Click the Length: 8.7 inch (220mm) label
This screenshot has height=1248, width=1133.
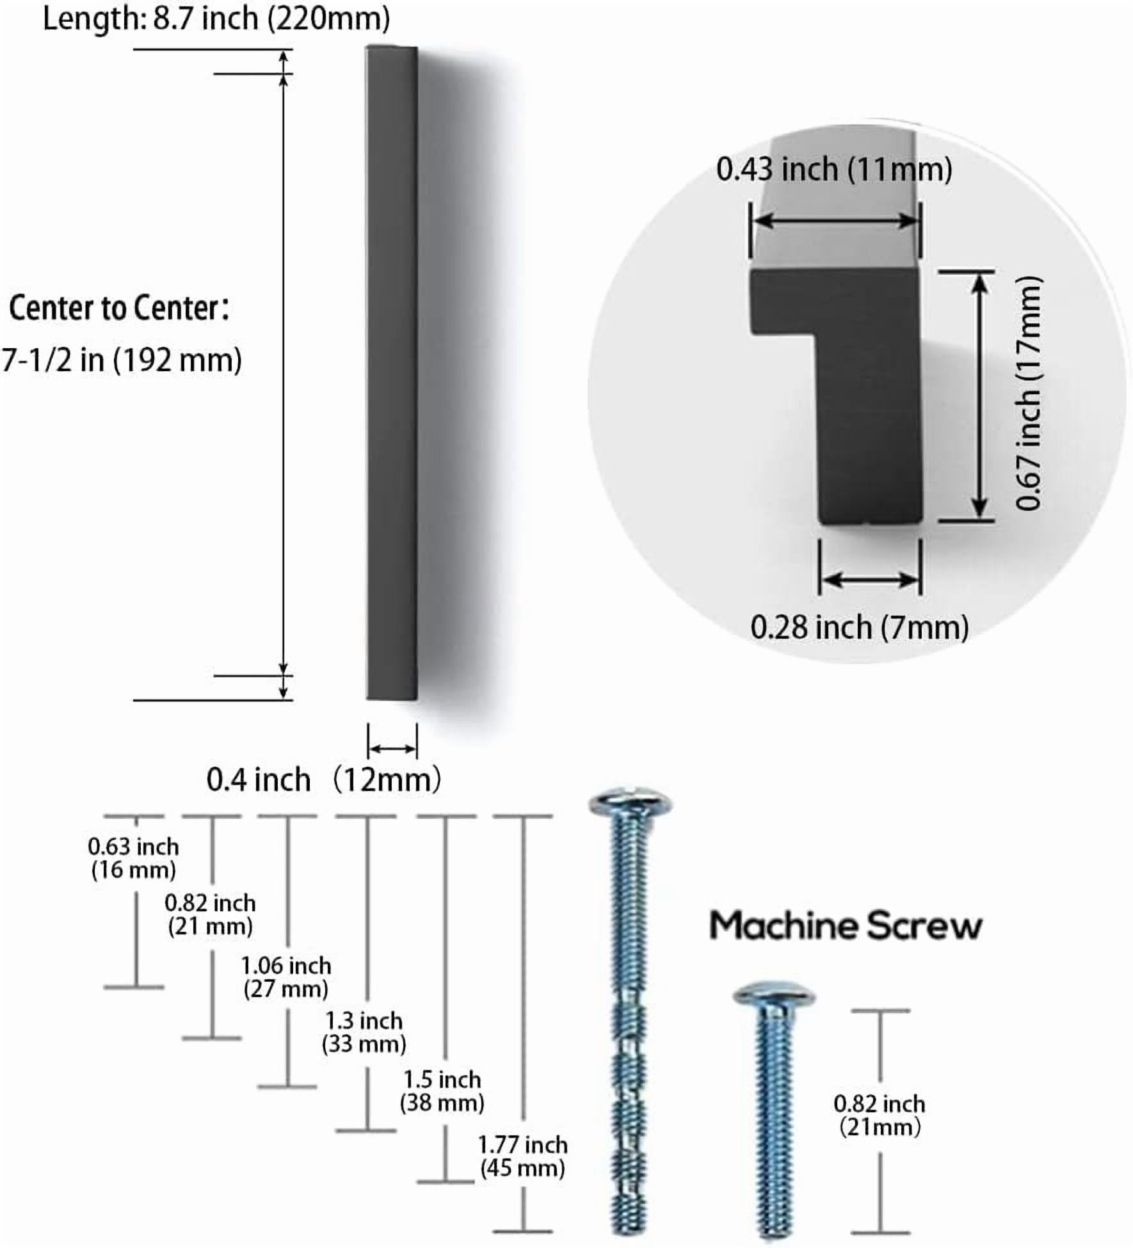click(x=216, y=19)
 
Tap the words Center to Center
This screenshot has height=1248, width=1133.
click(x=115, y=308)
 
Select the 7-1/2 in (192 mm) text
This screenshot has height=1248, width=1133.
click(x=122, y=360)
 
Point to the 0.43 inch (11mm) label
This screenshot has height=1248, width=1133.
click(x=834, y=170)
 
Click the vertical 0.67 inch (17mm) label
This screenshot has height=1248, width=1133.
click(x=1029, y=394)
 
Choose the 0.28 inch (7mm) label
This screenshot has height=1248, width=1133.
click(x=859, y=627)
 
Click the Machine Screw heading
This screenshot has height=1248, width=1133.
click(x=846, y=926)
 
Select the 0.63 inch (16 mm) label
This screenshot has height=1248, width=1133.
click(x=133, y=858)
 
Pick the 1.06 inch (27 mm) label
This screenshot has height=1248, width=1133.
click(x=286, y=977)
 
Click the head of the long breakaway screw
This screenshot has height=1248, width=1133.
click(x=631, y=802)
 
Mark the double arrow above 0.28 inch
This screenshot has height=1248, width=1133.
click(x=871, y=580)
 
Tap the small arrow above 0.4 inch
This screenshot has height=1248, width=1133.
click(x=392, y=749)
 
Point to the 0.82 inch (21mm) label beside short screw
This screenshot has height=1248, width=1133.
click(x=880, y=1116)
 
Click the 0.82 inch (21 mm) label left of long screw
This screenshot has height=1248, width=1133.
click(x=211, y=915)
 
